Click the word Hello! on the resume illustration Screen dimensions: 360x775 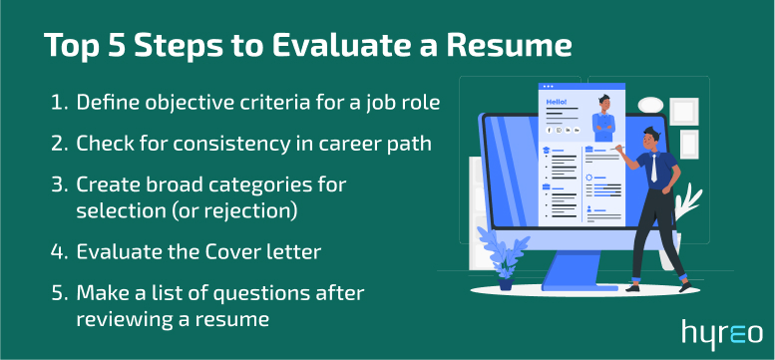[x=555, y=102]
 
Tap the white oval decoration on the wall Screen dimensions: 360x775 [x=651, y=103]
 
